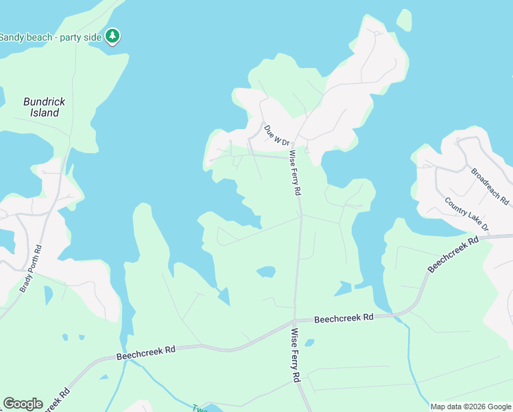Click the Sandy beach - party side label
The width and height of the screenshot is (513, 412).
pyautogui.click(x=51, y=36)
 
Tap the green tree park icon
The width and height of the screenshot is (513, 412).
pyautogui.click(x=113, y=36)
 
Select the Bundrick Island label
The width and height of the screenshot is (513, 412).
pyautogui.click(x=45, y=107)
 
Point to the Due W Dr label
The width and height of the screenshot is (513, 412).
pyautogui.click(x=277, y=135)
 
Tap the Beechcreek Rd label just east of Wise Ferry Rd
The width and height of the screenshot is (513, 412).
pyautogui.click(x=344, y=318)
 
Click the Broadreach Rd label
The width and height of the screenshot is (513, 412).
pyautogui.click(x=490, y=185)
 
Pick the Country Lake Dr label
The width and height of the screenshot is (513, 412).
pyautogui.click(x=466, y=214)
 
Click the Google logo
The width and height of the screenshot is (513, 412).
pyautogui.click(x=23, y=404)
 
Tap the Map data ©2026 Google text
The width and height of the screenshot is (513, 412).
pyautogui.click(x=470, y=407)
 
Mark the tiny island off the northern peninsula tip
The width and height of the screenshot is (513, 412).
pyautogui.click(x=404, y=19)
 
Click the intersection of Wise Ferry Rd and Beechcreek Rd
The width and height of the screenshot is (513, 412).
pyautogui.click(x=294, y=320)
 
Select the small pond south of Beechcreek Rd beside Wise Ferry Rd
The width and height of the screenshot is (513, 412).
pyautogui.click(x=309, y=342)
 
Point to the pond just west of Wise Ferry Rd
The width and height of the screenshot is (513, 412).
pyautogui.click(x=266, y=272)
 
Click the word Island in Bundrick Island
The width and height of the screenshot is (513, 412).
pyautogui.click(x=45, y=113)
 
